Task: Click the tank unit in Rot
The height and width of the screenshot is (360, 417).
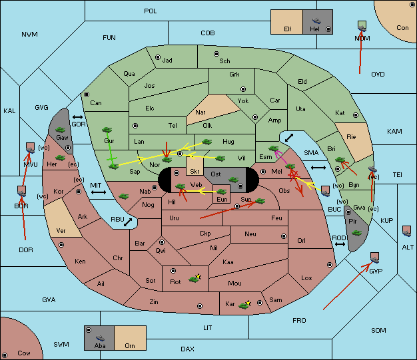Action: click(x=195, y=279)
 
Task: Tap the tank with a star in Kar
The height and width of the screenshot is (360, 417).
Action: click(x=244, y=305)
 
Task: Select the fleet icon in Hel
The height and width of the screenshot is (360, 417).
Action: click(x=316, y=21)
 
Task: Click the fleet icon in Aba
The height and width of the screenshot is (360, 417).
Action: click(x=101, y=338)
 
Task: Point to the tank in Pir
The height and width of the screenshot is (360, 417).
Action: click(x=356, y=233)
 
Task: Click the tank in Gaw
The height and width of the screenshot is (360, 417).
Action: click(x=61, y=130)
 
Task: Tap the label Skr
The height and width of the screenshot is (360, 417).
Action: click(x=195, y=172)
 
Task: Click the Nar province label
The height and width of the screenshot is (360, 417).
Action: click(x=201, y=112)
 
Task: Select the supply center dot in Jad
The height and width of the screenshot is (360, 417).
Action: click(x=158, y=57)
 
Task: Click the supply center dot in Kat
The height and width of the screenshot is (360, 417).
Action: click(x=356, y=115)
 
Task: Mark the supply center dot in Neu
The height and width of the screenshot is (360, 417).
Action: click(x=284, y=236)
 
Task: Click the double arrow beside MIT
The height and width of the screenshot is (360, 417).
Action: click(x=99, y=192)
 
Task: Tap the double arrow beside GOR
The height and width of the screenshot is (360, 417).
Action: click(x=78, y=117)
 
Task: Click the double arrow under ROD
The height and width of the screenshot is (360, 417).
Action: click(x=340, y=244)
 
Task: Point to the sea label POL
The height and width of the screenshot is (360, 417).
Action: click(x=151, y=11)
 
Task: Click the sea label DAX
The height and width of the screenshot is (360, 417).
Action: click(x=187, y=349)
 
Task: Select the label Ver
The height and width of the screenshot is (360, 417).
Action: click(x=61, y=231)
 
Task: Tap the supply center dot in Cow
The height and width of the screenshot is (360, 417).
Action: click(x=5, y=355)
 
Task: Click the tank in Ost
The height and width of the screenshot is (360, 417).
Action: click(x=233, y=180)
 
